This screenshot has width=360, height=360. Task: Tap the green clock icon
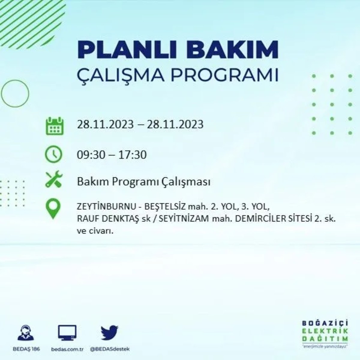[x=53, y=154]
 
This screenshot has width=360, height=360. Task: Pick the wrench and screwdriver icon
[x=54, y=179]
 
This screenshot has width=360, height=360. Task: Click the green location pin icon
[x=53, y=209]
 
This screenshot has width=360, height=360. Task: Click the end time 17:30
[x=132, y=155]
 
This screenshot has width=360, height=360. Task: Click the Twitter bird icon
[x=109, y=333]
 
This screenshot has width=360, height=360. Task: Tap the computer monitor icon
[x=67, y=333]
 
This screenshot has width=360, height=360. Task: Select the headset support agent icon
[x=26, y=333]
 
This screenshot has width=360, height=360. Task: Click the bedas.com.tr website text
[x=67, y=349]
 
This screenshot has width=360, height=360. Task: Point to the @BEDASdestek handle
[x=110, y=349]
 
